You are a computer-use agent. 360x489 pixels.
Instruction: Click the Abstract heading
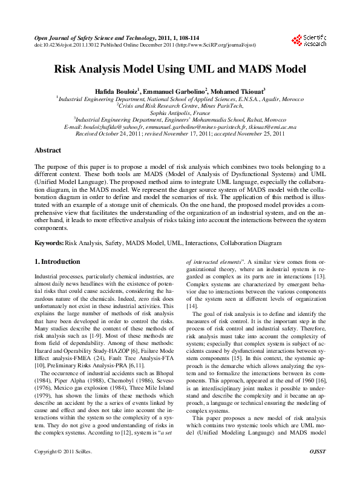coord(48,150)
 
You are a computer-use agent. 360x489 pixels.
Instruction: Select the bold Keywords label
coord(48,243)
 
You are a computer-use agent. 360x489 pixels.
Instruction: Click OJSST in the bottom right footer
coord(318,469)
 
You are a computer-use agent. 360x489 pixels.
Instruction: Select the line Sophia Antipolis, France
coord(180,113)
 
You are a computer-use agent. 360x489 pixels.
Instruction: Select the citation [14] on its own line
coord(192,307)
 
